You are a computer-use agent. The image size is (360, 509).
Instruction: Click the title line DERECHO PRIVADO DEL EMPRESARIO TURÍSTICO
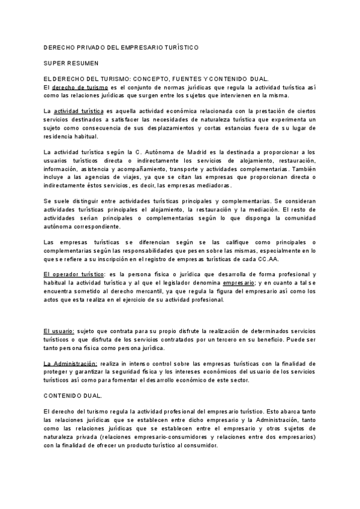point(121,46)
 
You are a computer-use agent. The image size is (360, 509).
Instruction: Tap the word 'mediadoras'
point(213,186)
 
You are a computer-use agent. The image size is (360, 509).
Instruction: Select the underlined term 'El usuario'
point(59,331)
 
